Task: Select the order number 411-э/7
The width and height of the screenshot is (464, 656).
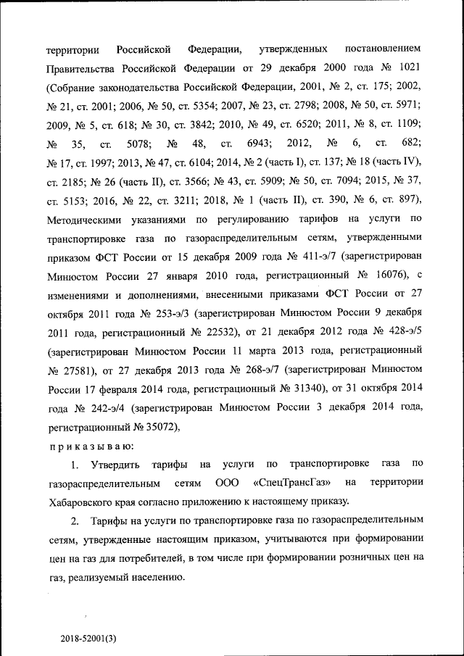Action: pos(318,257)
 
